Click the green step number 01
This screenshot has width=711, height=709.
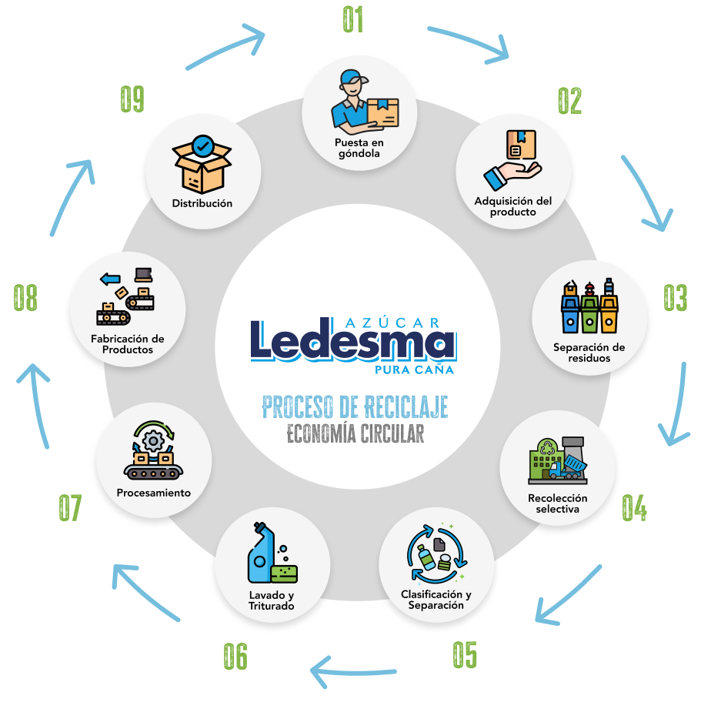click(x=353, y=20)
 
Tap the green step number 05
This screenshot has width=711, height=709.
click(x=464, y=654)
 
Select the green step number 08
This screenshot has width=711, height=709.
click(x=25, y=298)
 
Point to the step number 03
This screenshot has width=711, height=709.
click(x=675, y=298)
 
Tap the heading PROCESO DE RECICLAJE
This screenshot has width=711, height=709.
click(x=355, y=406)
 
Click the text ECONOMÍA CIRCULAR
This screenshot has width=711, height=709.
click(x=355, y=433)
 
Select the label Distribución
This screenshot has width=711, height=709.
click(x=202, y=204)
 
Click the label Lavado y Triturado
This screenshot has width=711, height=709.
click(x=272, y=600)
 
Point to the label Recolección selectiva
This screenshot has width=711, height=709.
click(x=557, y=503)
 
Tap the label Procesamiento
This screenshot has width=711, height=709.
click(x=153, y=493)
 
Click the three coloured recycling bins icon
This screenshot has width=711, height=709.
click(x=589, y=307)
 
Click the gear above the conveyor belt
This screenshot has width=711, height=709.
click(x=153, y=441)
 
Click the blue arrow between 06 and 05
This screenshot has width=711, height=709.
click(x=354, y=671)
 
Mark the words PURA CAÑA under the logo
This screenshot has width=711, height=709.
click(x=413, y=370)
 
